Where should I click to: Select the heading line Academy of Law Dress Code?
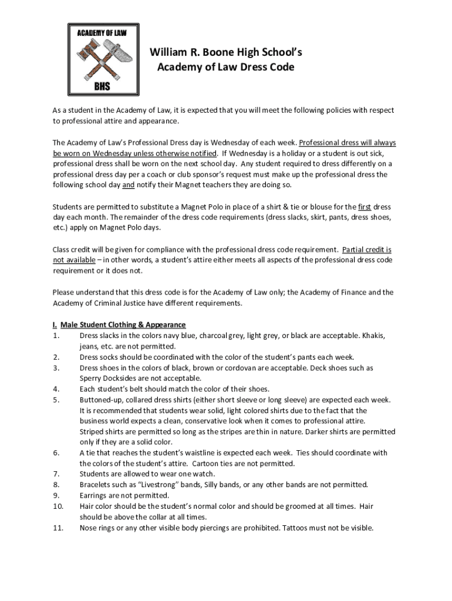tap(226, 67)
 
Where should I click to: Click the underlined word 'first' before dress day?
tap(365, 207)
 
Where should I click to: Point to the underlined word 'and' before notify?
tap(128, 185)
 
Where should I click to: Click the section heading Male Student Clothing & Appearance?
tap(123, 325)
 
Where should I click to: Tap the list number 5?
tap(56, 400)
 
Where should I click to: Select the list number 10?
tap(58, 506)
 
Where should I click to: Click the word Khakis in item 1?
tap(373, 336)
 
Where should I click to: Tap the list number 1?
tap(56, 336)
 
